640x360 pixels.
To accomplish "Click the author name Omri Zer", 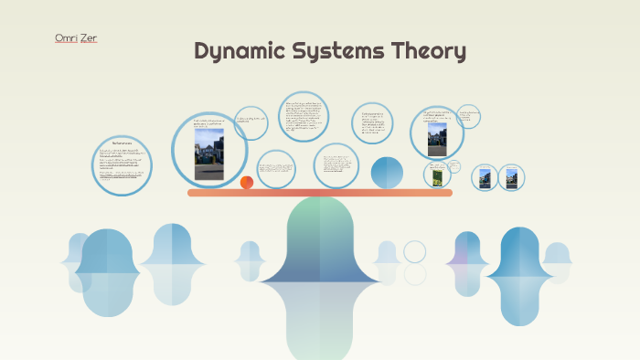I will coord(76,38).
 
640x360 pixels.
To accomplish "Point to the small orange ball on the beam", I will coord(247,183).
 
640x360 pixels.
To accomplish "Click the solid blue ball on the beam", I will coord(387,173).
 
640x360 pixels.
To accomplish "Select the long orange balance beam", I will coord(320,193).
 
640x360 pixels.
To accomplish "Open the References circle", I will coord(123,165).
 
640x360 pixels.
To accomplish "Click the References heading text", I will coord(123,144).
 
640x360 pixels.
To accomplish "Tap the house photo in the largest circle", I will coord(209,154).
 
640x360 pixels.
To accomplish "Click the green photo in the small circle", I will coord(437,175).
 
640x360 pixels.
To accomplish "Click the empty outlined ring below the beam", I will coord(415,251).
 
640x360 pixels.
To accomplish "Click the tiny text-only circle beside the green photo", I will coord(455,167).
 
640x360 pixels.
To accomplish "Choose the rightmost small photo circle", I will coord(512,177).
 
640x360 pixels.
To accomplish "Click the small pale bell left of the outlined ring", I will coord(388,255).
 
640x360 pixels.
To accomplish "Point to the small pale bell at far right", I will coord(556,257).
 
